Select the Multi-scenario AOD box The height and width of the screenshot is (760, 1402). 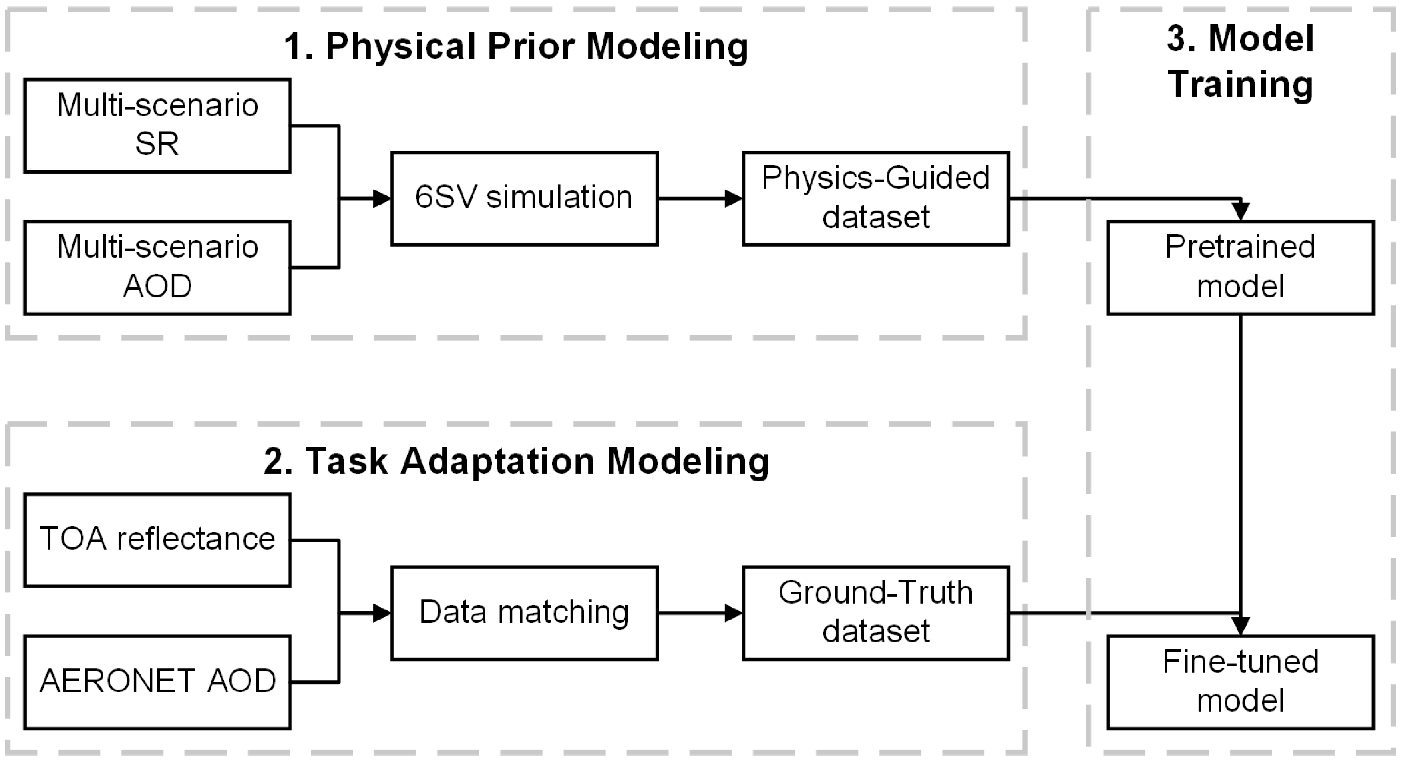157,267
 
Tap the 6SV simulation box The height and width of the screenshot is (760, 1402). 524,199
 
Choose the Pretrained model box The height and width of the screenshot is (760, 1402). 1240,267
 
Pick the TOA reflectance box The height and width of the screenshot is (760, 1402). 157,540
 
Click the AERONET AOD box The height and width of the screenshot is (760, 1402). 157,682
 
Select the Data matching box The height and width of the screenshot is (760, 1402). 524,613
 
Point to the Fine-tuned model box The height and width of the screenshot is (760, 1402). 1240,682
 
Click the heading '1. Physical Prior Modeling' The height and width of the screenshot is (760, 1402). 515,46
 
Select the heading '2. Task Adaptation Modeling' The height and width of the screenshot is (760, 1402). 515,461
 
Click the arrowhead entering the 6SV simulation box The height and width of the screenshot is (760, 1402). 383,199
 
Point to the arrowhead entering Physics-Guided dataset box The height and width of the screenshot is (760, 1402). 734,199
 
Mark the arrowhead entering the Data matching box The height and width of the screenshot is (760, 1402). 383,613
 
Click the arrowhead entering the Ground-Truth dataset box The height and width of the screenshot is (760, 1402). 734,613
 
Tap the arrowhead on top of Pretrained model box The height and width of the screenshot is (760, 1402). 1240,211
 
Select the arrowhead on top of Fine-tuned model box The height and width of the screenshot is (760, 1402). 1240,626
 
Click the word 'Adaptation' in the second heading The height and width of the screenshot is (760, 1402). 497,461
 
